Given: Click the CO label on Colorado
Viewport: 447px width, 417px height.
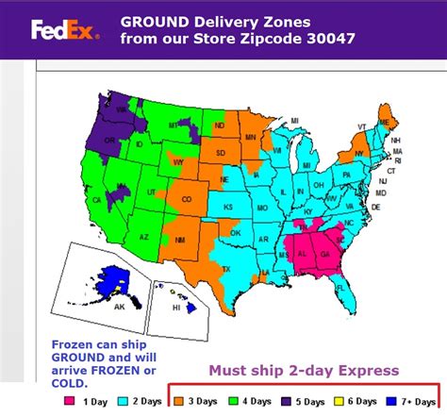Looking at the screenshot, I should point(187,199).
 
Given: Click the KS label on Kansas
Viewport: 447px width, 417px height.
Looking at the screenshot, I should point(233,204).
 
